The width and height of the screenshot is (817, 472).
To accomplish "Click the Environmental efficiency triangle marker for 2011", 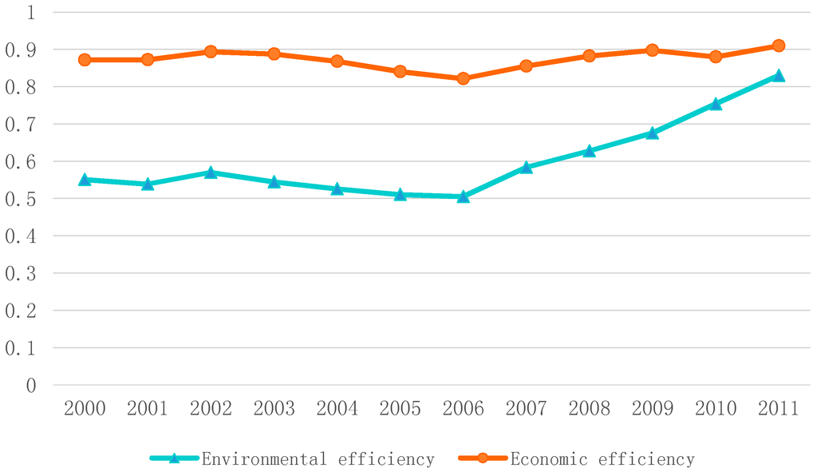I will pyautogui.click(x=779, y=76).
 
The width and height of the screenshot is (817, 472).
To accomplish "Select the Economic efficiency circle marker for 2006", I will pyautogui.click(x=463, y=78).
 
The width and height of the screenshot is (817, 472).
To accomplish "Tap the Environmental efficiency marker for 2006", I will pyautogui.click(x=463, y=196).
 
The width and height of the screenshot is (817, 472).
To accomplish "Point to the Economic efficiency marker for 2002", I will pyautogui.click(x=211, y=51).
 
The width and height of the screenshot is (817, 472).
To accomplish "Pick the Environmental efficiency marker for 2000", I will pyautogui.click(x=85, y=180).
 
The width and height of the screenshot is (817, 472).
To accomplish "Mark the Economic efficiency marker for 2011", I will pyautogui.click(x=779, y=46).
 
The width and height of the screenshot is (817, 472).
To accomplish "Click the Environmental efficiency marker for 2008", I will pyautogui.click(x=589, y=150).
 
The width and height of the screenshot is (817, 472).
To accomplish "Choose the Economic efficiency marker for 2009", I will pyautogui.click(x=652, y=50).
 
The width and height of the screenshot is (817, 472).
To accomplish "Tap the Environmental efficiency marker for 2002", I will pyautogui.click(x=211, y=172).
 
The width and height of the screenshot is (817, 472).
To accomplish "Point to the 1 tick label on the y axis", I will pyautogui.click(x=30, y=12).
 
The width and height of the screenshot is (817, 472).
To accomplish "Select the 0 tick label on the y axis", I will pyautogui.click(x=30, y=386).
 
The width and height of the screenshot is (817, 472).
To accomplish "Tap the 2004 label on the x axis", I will pyautogui.click(x=337, y=409).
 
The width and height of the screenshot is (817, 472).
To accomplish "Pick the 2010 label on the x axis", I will pyautogui.click(x=716, y=409).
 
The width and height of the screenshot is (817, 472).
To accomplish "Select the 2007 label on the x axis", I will pyautogui.click(x=526, y=409).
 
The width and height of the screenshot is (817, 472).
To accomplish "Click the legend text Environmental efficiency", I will pyautogui.click(x=318, y=459).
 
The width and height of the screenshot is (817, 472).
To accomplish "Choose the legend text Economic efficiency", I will pyautogui.click(x=602, y=459).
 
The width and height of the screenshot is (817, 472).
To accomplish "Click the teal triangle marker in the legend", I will pyautogui.click(x=174, y=458).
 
